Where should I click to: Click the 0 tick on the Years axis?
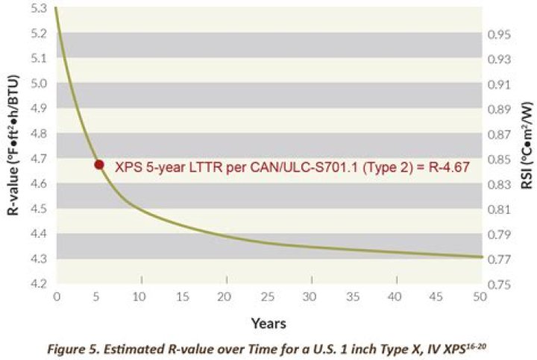pos(57,297)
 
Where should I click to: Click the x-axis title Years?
pos(268,323)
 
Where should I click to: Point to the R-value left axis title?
pos(13,145)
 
